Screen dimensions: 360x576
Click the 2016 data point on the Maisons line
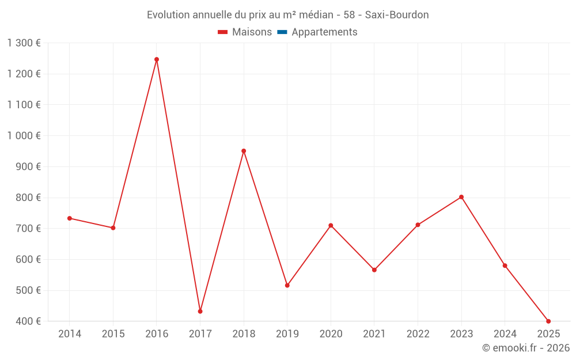pos(157,59)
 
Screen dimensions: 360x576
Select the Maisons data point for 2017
pos(200,312)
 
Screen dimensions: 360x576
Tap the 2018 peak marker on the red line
pos(244,151)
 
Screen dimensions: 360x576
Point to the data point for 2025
pos(548,321)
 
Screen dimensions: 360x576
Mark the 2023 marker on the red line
pos(461,197)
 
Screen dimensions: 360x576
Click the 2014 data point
pos(70,218)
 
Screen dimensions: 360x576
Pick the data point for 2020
pos(331,225)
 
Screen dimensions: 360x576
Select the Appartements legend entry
pos(324,32)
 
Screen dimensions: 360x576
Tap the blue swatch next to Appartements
pos(282,32)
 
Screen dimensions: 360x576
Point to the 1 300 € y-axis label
pos(24,43)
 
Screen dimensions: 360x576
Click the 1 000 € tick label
pos(24,136)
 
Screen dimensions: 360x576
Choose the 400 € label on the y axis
pos(27,321)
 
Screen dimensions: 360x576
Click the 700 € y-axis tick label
pos(27,229)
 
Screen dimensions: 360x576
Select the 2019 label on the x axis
pos(287,334)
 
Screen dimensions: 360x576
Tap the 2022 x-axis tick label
pos(418,334)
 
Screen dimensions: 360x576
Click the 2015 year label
pos(113,334)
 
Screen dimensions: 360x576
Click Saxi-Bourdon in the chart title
pos(397,15)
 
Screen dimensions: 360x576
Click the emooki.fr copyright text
pos(526,348)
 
